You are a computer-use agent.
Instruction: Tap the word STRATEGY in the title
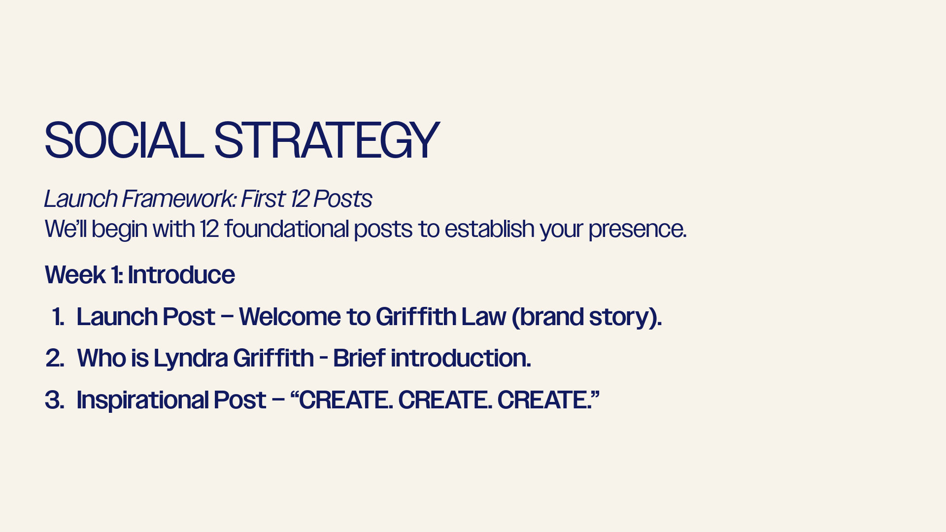pyautogui.click(x=326, y=141)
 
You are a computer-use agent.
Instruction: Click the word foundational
pyautogui.click(x=287, y=229)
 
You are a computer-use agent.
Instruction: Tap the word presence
pyautogui.click(x=638, y=230)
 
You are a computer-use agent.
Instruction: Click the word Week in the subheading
pyautogui.click(x=75, y=274)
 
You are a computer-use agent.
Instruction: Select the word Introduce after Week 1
pyautogui.click(x=181, y=274)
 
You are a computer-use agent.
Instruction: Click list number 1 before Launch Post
pyautogui.click(x=58, y=316)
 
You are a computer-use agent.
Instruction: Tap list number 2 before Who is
pyautogui.click(x=55, y=358)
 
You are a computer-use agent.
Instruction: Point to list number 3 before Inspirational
pyautogui.click(x=55, y=400)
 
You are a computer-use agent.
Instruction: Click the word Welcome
pyautogui.click(x=290, y=316)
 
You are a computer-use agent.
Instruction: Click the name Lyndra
pyautogui.click(x=191, y=359)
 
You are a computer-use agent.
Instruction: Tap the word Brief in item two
pyautogui.click(x=359, y=358)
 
